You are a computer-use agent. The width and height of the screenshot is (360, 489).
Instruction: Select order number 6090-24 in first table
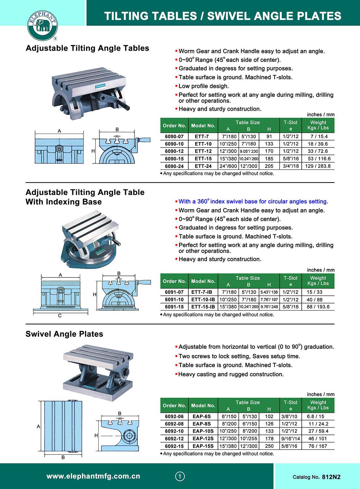tap(174, 166)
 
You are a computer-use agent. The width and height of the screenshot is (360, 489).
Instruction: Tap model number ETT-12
tap(203, 151)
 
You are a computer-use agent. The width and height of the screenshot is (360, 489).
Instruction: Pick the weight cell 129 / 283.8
tap(318, 166)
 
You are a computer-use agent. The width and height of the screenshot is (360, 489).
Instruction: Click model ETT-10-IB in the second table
tap(203, 300)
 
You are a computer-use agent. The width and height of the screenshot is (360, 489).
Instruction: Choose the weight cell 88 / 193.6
tap(318, 307)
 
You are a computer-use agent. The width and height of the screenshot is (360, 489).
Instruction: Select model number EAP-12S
tap(203, 439)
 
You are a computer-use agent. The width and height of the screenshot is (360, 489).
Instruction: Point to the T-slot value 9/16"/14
tap(290, 439)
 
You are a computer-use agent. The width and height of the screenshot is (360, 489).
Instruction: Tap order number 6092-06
tap(174, 417)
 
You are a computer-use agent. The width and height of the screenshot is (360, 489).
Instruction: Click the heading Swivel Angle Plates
tap(64, 334)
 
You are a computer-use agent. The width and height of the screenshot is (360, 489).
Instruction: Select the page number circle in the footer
tap(180, 477)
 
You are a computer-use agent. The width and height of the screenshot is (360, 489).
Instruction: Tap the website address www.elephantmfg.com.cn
tap(93, 476)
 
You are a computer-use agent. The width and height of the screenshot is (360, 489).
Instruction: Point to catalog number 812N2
tap(331, 477)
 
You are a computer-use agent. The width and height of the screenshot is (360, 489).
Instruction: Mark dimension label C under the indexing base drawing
tap(60, 316)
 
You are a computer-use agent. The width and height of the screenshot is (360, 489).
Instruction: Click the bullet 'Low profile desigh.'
tap(204, 86)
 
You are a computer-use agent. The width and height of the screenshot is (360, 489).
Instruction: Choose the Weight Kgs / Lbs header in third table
tap(318, 405)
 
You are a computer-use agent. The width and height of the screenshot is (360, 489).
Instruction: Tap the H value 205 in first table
tap(269, 166)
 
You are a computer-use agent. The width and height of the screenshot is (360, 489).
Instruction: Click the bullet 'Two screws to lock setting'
tap(239, 356)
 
